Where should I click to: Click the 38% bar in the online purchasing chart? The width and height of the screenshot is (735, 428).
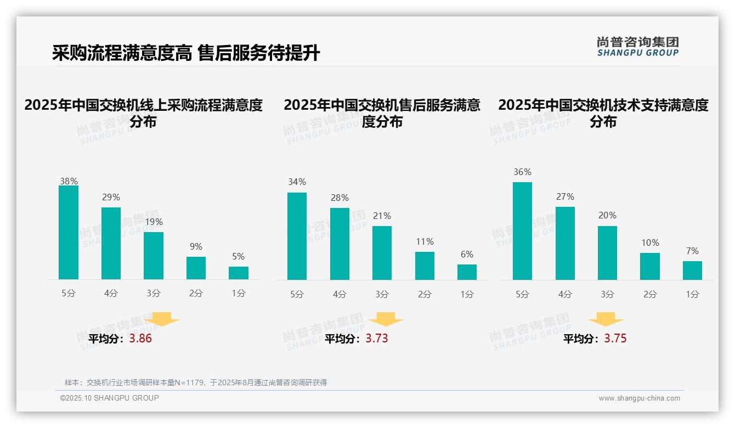tap(69, 232)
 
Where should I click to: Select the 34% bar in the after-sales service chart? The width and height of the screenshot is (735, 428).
tap(297, 236)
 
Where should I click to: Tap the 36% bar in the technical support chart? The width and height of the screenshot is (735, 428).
tap(522, 231)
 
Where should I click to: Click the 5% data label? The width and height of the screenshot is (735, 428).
tap(238, 256)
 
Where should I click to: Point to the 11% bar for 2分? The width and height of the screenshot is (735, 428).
tap(425, 266)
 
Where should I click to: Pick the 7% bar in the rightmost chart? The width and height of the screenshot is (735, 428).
tap(692, 271)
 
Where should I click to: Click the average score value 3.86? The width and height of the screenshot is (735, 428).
tap(140, 339)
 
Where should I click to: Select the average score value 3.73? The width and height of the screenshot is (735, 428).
tap(377, 339)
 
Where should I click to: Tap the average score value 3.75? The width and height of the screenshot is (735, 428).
tap(615, 339)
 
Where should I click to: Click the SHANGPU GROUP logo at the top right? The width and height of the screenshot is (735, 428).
tap(637, 47)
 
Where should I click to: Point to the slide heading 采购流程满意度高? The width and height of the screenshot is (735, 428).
tap(122, 53)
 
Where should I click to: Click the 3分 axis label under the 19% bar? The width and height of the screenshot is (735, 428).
tap(154, 294)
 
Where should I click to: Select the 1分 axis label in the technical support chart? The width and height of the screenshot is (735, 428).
tap(692, 295)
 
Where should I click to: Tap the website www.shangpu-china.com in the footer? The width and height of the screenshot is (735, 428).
tap(639, 398)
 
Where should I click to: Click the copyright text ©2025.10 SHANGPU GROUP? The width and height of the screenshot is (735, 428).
tap(110, 398)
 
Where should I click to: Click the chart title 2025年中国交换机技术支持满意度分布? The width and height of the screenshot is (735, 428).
tap(603, 112)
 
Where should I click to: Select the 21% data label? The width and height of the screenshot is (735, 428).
tap(382, 216)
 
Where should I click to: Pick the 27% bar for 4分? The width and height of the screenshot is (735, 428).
tap(565, 243)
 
